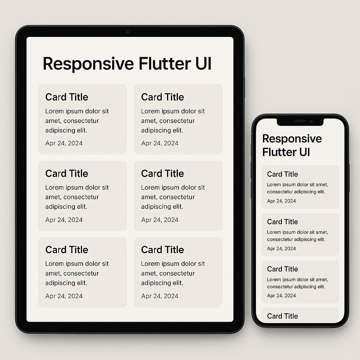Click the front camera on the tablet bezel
click(128, 32)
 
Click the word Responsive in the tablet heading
click(88, 64)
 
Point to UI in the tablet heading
click(203, 64)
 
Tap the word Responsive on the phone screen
click(292, 139)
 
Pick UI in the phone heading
click(304, 152)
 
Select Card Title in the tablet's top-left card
click(67, 97)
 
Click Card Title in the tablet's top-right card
click(162, 97)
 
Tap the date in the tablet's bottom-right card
click(160, 296)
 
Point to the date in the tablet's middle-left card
click(64, 220)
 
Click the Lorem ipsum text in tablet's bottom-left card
click(77, 273)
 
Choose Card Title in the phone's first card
click(282, 174)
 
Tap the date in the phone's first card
click(281, 201)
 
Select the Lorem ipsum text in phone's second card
click(297, 236)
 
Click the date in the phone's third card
click(281, 296)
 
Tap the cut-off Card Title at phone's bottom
click(282, 316)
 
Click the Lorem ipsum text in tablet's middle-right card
click(173, 197)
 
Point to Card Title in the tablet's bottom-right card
click(162, 250)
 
